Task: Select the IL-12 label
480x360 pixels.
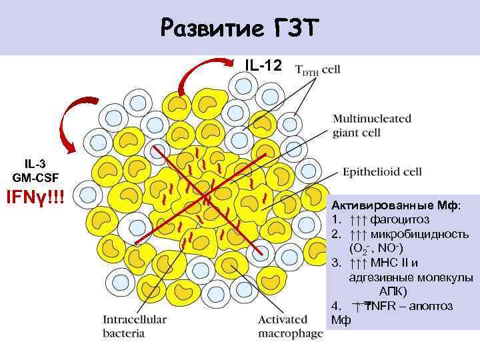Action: pyautogui.click(x=265, y=65)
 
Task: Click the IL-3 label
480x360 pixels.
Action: pyautogui.click(x=35, y=164)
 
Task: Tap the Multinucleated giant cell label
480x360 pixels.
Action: pyautogui.click(x=372, y=125)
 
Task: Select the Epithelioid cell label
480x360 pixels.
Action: pyautogui.click(x=381, y=172)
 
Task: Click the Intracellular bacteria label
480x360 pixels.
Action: pyautogui.click(x=135, y=326)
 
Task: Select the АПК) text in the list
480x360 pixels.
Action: pyautogui.click(x=393, y=292)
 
